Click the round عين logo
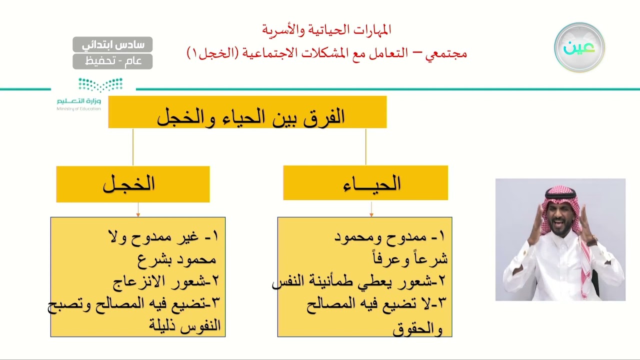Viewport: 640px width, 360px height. pyautogui.click(x=579, y=47)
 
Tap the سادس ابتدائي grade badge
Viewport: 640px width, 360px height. pyautogui.click(x=112, y=44)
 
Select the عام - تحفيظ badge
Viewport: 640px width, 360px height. pyautogui.click(x=112, y=61)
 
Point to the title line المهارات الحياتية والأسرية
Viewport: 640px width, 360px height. pyautogui.click(x=326, y=30)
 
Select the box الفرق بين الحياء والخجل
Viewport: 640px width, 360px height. pyautogui.click(x=247, y=112)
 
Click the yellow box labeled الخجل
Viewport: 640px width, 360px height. pyautogui.click(x=132, y=184)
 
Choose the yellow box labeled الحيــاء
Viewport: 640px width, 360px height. pyautogui.click(x=365, y=183)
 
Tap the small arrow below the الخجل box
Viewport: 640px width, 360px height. pyautogui.click(x=138, y=214)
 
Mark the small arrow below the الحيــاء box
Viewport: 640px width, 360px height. pyautogui.click(x=371, y=213)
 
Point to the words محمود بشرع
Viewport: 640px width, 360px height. pyautogui.click(x=177, y=259)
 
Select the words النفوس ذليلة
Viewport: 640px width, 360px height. pyautogui.click(x=184, y=325)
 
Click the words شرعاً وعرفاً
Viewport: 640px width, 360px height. pyautogui.click(x=410, y=259)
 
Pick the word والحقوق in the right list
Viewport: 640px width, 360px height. pyautogui.click(x=418, y=329)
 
